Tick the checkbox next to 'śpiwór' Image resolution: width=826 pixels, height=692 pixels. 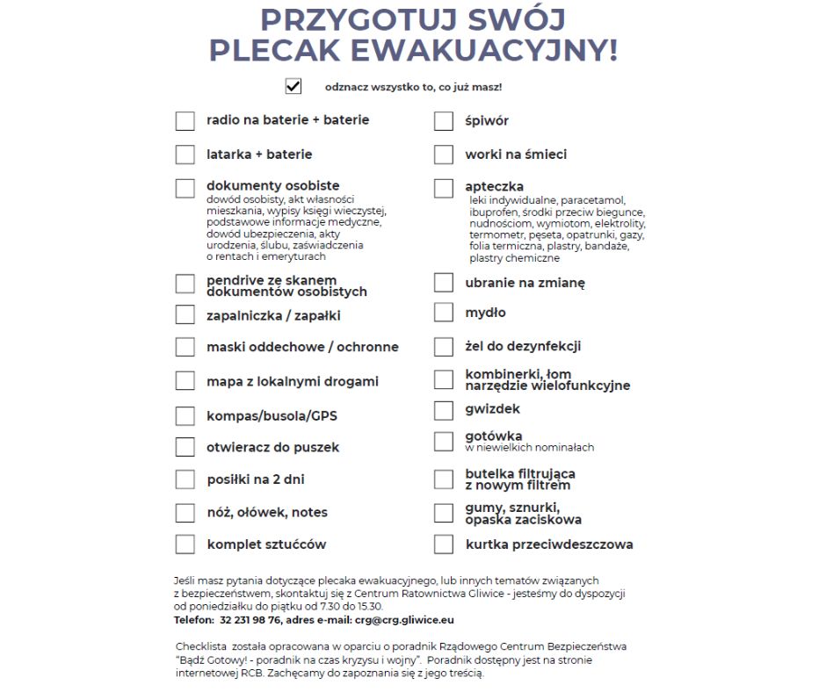tap(444, 121)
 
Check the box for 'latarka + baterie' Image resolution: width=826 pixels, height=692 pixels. tap(185, 155)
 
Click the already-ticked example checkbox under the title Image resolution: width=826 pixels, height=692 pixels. tap(293, 86)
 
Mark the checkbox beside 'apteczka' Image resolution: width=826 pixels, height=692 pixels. tap(444, 188)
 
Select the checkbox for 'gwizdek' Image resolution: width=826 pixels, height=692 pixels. tap(444, 410)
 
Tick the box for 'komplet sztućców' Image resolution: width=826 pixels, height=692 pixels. tap(185, 544)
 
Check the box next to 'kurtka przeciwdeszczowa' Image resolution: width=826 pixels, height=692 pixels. tap(444, 544)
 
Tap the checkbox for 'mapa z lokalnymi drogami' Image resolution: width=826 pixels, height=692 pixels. tap(185, 381)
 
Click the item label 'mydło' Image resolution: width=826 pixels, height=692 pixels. tap(485, 313)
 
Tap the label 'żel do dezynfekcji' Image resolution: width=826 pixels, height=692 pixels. tap(523, 347)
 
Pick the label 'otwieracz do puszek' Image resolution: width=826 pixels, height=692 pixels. tap(272, 447)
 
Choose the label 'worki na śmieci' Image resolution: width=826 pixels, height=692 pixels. tap(516, 155)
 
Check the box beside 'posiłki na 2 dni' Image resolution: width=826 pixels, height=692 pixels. tap(185, 479)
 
